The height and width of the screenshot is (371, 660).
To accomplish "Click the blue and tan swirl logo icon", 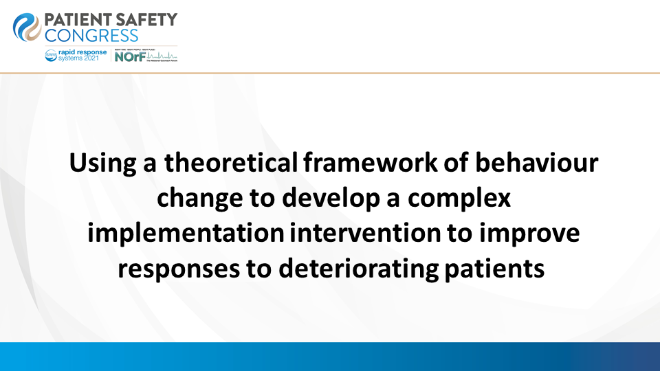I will (27, 27).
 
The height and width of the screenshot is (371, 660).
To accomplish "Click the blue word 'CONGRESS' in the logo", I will (91, 36).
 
